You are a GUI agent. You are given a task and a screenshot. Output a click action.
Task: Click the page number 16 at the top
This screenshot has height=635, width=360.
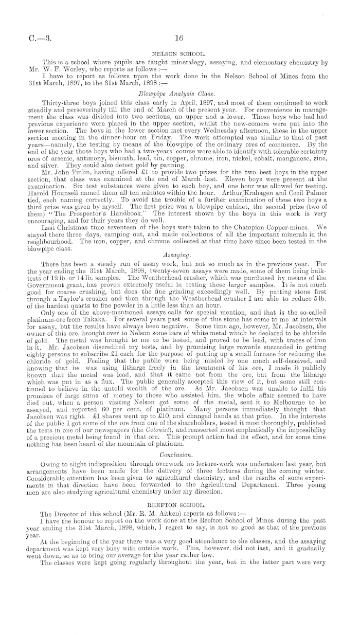[179, 38]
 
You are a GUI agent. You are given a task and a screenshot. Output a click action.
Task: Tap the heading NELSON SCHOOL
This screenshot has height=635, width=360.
[179, 53]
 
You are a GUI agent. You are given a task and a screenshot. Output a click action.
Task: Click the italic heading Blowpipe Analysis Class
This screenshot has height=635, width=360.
[179, 95]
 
